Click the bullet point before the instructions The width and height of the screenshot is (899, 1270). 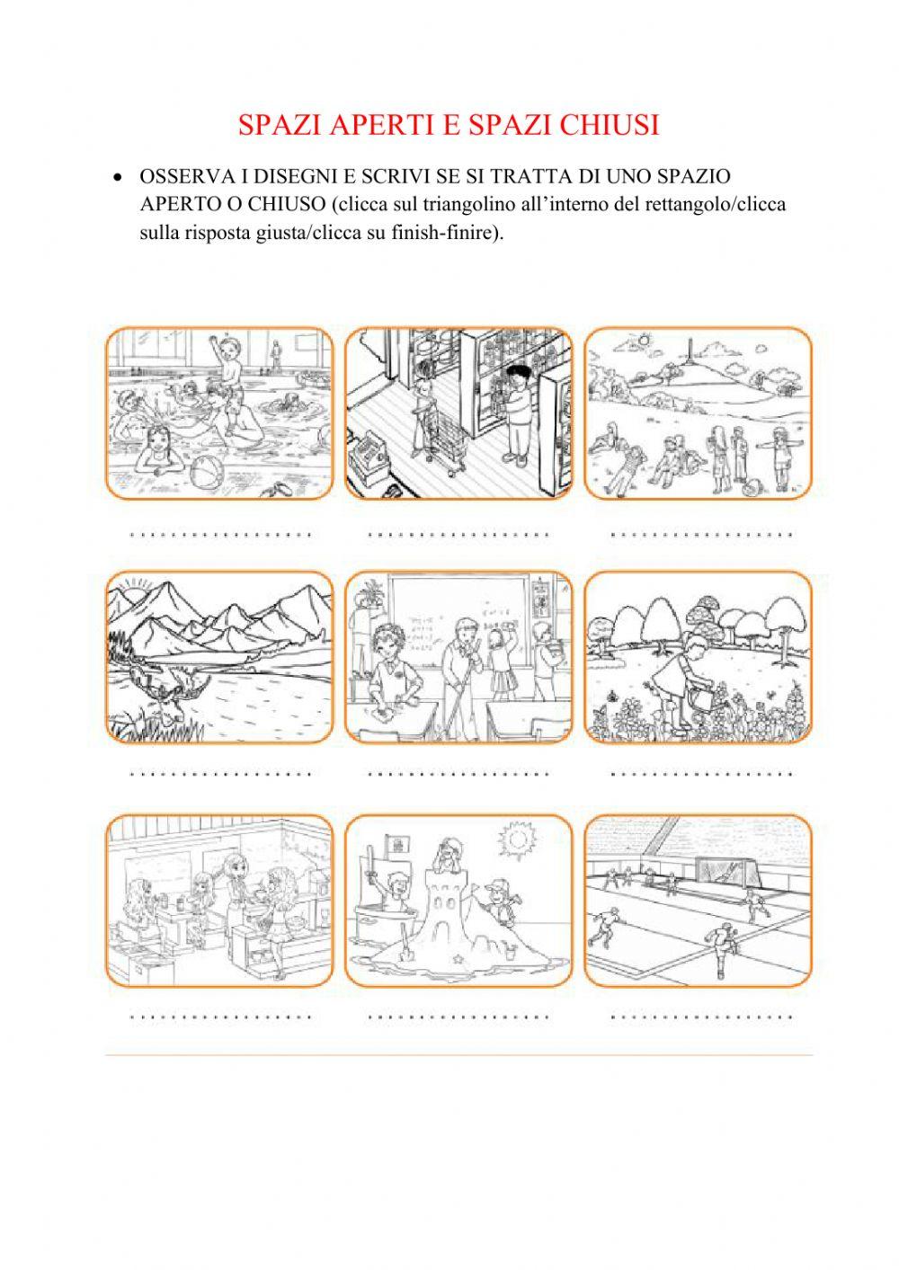117,177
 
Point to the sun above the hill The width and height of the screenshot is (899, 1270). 643,341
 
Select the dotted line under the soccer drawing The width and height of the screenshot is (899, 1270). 701,1017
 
